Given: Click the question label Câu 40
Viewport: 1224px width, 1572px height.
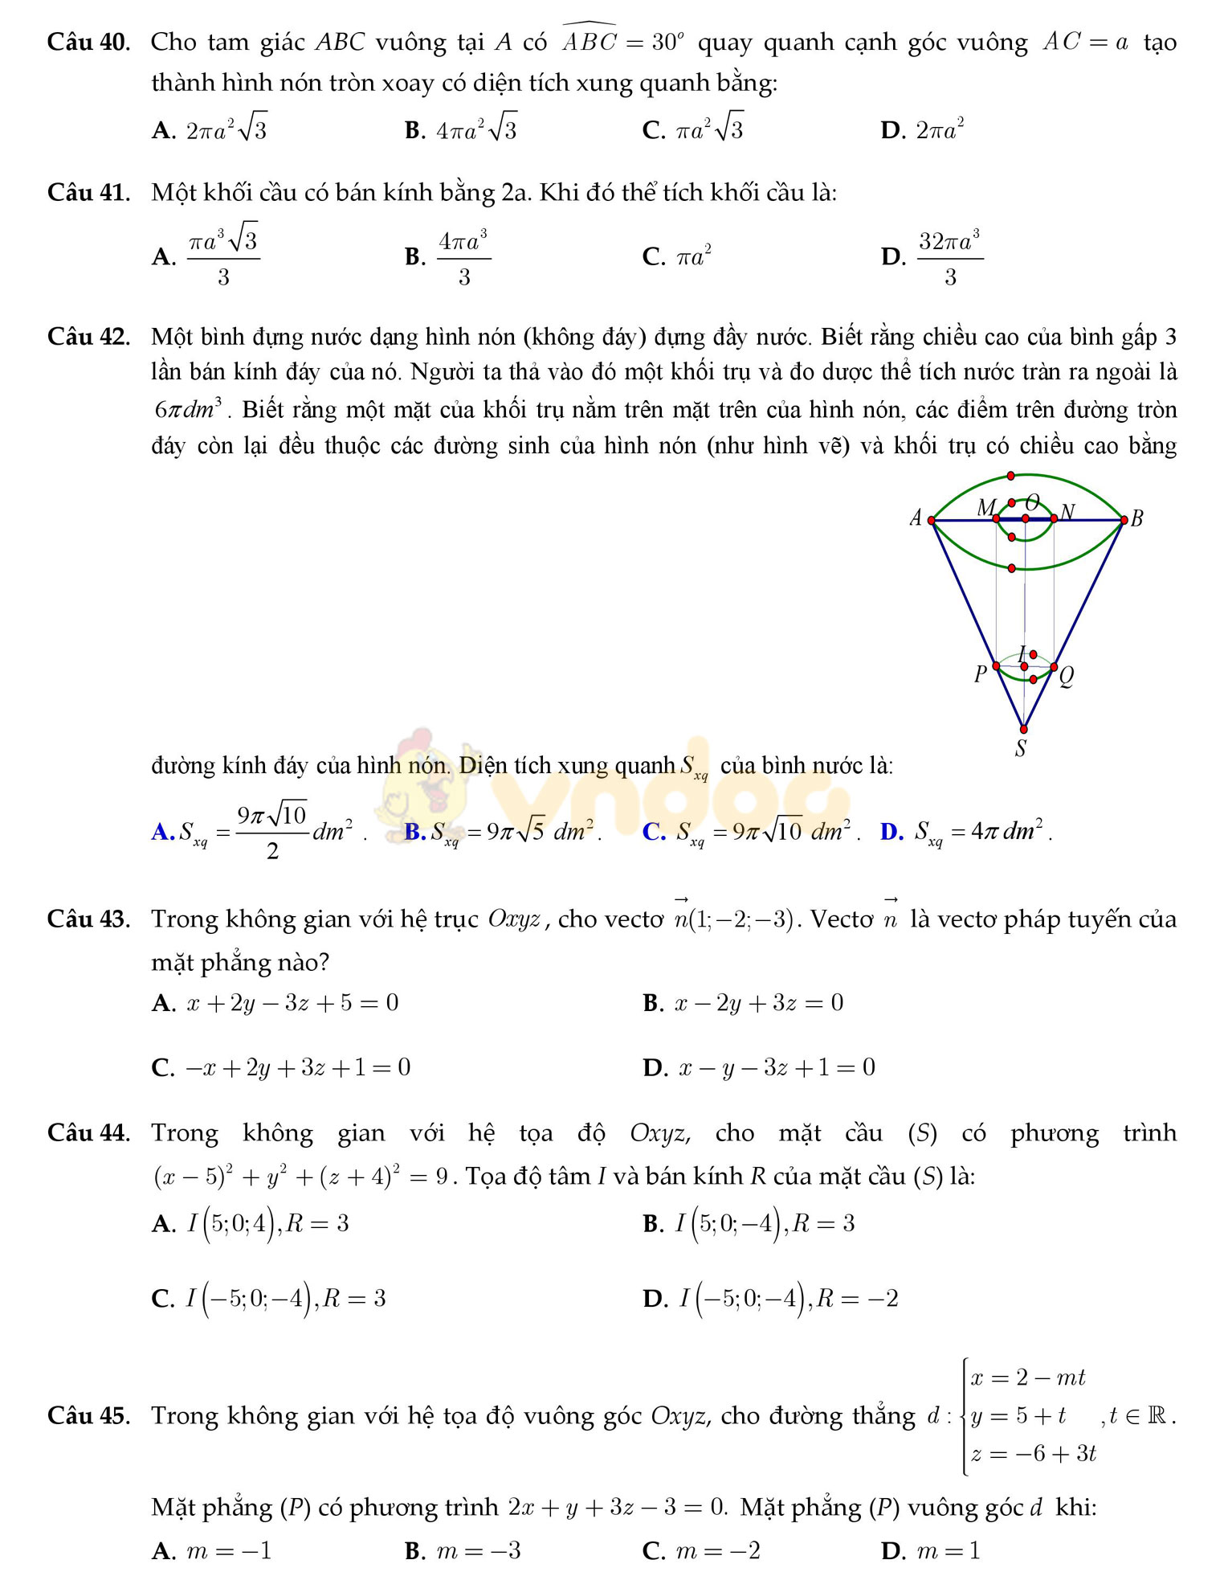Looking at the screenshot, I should [88, 42].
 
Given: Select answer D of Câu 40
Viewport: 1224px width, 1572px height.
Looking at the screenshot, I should [922, 130].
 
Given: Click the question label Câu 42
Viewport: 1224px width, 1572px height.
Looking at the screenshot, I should [88, 337].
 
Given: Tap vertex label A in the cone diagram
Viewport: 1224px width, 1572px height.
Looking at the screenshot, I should [916, 518].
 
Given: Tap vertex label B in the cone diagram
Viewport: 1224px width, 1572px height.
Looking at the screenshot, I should [1136, 518].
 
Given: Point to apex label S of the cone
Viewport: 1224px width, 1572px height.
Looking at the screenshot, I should [1021, 749].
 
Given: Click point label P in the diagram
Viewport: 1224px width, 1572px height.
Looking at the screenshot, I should [980, 673].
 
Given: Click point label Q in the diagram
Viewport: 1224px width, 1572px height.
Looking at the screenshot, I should [1066, 677].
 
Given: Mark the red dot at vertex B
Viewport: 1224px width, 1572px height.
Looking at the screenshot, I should [1124, 520].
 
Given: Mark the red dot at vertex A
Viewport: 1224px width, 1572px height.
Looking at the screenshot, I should [932, 520].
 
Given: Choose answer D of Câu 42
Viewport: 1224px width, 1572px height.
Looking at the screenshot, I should [966, 831].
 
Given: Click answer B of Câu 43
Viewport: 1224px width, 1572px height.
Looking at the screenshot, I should [743, 1003].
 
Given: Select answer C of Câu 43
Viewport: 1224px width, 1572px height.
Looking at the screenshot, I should [281, 1067].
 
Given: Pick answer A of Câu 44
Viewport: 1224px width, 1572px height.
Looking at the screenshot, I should [251, 1224].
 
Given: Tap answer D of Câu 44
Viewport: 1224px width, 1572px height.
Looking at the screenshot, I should [771, 1298].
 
